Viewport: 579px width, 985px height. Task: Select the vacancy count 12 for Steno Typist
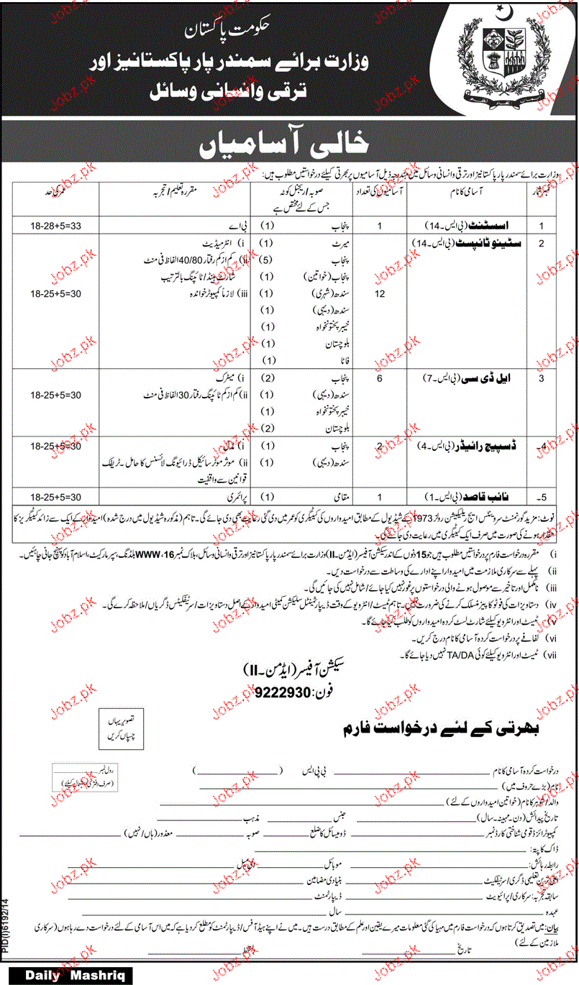(x=380, y=295)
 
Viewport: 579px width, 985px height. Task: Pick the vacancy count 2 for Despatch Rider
(x=380, y=445)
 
